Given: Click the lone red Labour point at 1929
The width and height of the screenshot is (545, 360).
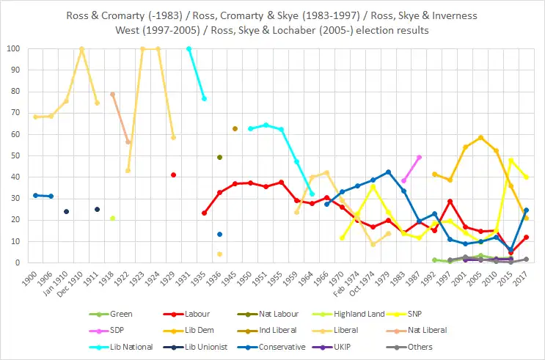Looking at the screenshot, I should tap(174, 175).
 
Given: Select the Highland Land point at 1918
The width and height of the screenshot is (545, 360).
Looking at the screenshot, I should tap(112, 218).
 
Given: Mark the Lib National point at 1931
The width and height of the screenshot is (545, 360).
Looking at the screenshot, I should tap(189, 49).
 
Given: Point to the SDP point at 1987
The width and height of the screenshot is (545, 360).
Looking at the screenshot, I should tap(419, 157).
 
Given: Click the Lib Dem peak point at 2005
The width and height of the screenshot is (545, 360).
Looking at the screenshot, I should tap(481, 138).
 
